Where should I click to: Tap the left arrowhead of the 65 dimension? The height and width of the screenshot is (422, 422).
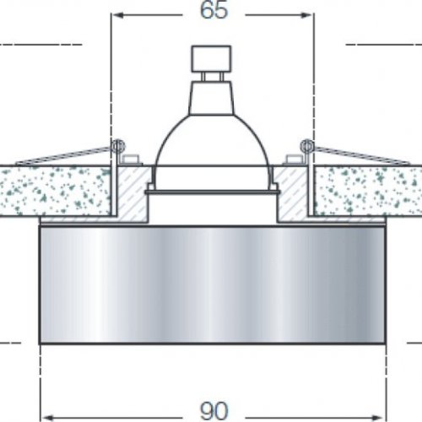tap(117, 16)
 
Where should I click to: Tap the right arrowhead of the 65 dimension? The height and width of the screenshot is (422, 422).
tap(306, 16)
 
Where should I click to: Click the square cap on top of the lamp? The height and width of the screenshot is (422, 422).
tap(211, 60)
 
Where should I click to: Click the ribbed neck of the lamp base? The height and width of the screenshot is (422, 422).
tap(211, 90)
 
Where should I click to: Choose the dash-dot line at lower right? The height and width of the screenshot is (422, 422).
tap(412, 342)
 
